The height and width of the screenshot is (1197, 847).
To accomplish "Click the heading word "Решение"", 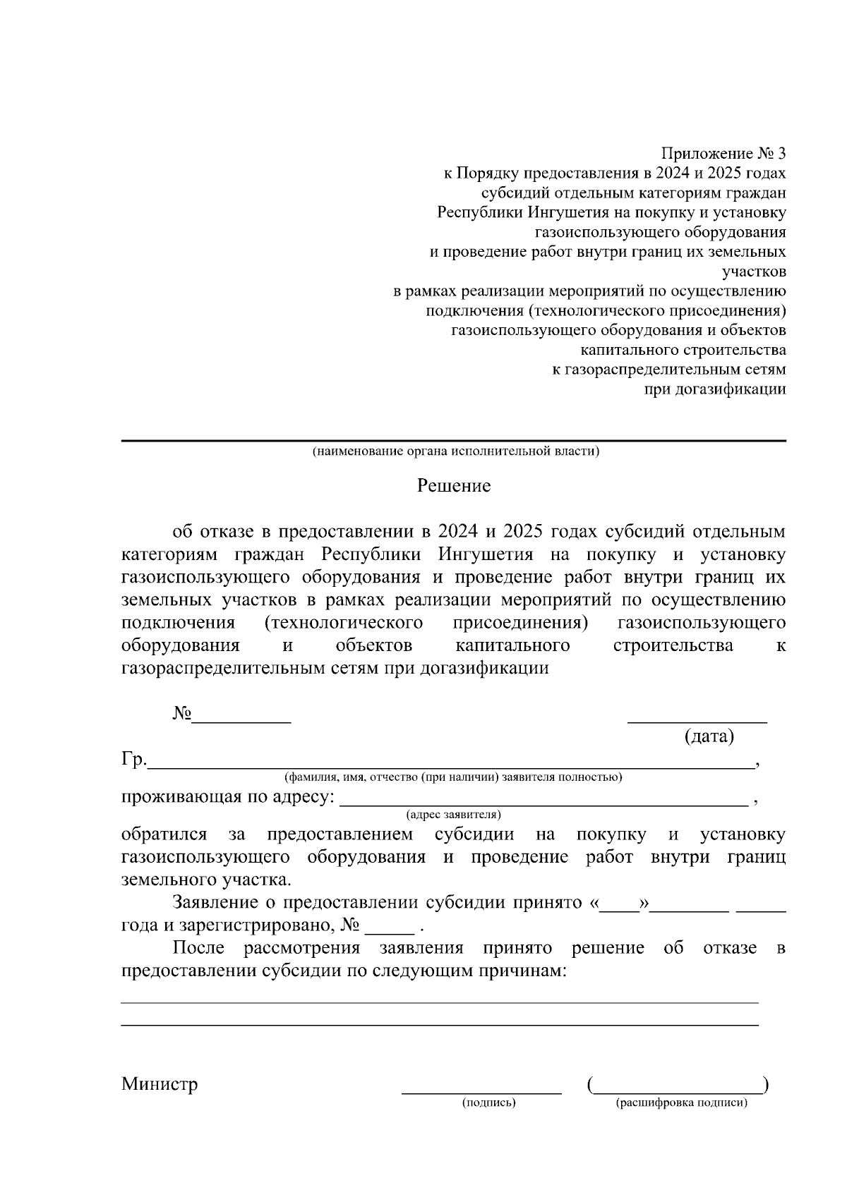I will (x=453, y=486).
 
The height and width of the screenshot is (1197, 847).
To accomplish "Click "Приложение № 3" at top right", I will (x=723, y=154).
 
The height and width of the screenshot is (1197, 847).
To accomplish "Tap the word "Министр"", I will (x=160, y=1084).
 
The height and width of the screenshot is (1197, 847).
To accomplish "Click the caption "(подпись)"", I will (x=489, y=1102).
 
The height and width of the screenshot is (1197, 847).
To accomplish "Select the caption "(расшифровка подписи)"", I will (x=681, y=1102).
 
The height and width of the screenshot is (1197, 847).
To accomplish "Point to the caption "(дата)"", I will (x=709, y=737).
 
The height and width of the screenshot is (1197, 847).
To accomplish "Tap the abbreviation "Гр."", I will (x=133, y=760).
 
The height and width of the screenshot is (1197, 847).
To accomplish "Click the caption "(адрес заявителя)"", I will (x=454, y=815).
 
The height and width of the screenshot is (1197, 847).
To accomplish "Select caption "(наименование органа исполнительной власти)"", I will (x=456, y=451).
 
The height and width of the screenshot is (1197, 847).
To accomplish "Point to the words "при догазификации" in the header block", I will (x=715, y=389).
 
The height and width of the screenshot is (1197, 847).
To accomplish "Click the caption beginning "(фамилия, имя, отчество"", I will (x=452, y=777).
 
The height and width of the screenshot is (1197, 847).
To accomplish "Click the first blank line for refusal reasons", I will (x=439, y=1001).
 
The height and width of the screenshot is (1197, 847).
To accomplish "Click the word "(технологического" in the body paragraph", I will (x=343, y=624).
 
